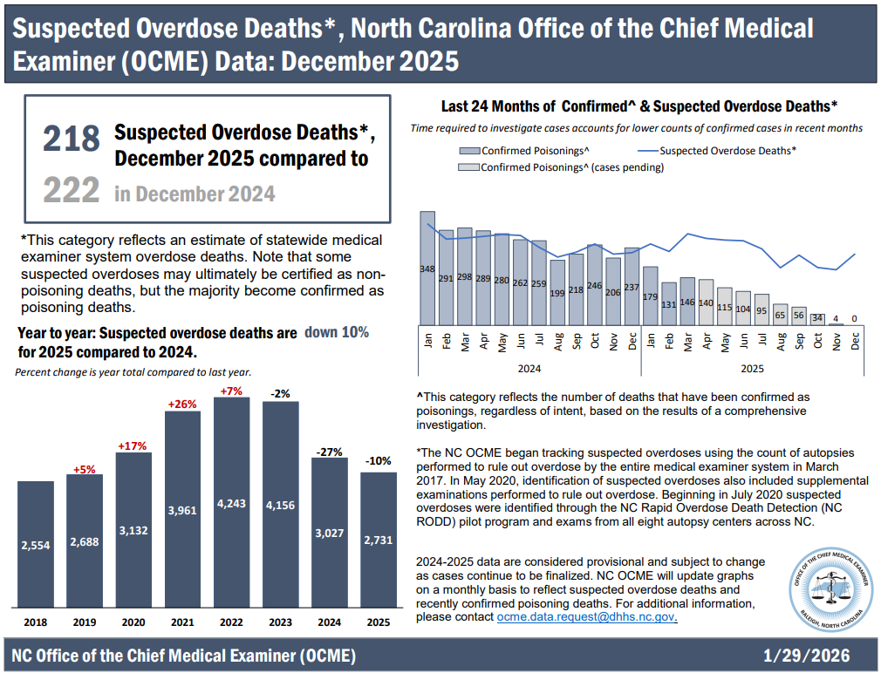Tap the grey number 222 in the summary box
pos(72,189)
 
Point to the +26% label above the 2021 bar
pos(182,404)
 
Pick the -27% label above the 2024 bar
pos(329,451)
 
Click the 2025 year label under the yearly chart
pos(378,623)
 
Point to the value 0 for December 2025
pos(854,318)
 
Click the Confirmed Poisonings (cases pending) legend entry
pos(563,167)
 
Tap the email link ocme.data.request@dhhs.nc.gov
pos(587,617)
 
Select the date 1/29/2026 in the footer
pos(805,655)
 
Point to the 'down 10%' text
pos(336,332)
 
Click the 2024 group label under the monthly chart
pos(529,369)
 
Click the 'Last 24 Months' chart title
pos(639,106)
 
